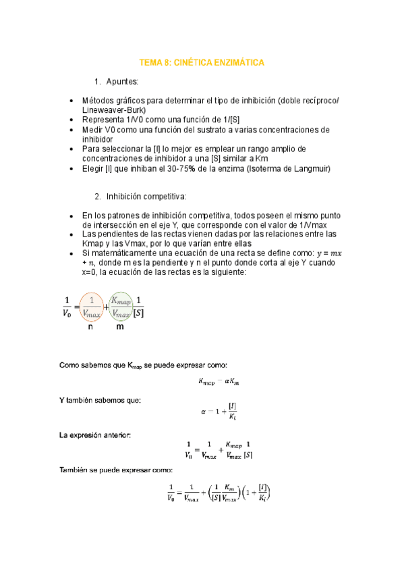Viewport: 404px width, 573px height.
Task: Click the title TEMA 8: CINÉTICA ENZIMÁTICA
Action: coord(201,62)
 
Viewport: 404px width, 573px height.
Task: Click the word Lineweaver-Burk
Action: coord(113,110)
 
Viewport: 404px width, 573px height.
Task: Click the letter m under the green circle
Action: coord(120,327)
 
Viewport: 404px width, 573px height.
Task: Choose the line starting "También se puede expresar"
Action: coord(115,470)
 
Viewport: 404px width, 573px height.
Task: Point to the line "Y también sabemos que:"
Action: coord(100,400)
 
